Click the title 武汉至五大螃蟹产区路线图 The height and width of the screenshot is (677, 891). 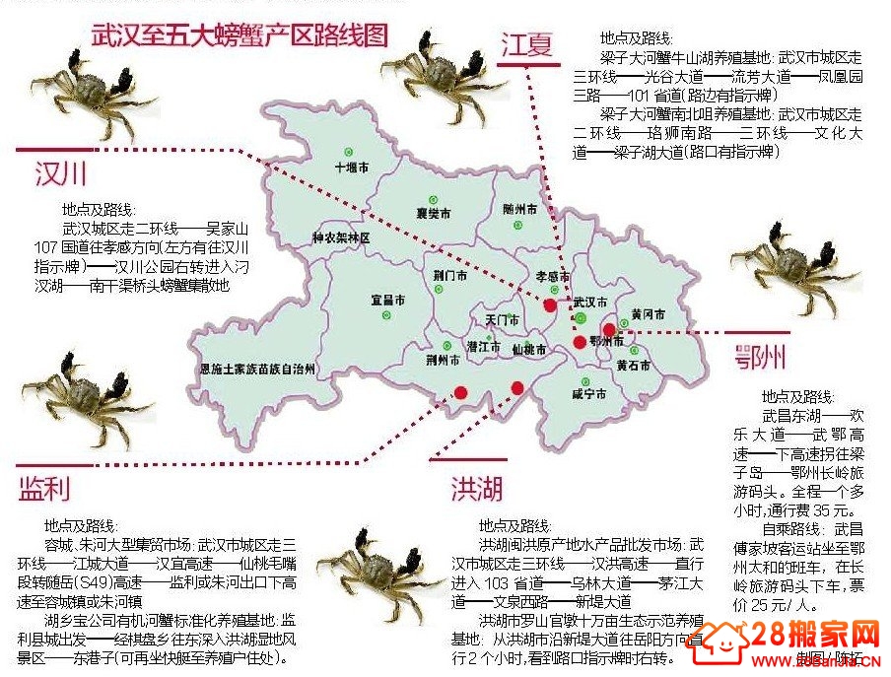point(240,36)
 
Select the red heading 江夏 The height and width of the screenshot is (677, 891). point(527,44)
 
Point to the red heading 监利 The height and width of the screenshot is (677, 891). point(44,488)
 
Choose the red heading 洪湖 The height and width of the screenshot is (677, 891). point(477,488)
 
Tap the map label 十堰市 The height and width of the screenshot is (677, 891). point(352,168)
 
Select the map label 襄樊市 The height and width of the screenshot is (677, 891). point(434,213)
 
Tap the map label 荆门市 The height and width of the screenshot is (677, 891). point(449,276)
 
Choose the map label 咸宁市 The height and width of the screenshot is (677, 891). point(588,394)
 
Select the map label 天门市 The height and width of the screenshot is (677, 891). point(502,320)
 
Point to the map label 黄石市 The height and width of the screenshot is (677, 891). point(633,366)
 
